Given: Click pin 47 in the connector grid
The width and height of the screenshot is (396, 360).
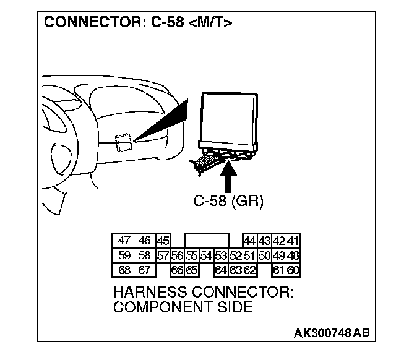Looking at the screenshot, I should click(124, 241).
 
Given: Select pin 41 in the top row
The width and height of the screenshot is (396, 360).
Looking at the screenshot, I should click(293, 241).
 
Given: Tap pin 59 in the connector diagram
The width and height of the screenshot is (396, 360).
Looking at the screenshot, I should click(124, 255).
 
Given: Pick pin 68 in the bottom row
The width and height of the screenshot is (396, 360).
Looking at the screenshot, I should click(124, 270).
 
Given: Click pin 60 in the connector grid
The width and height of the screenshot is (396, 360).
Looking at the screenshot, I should click(293, 270).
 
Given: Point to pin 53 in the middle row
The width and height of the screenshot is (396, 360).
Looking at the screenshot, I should click(220, 255).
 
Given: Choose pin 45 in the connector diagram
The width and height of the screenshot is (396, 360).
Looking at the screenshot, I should click(163, 241).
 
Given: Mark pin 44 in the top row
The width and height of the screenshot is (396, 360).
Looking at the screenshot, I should click(250, 241).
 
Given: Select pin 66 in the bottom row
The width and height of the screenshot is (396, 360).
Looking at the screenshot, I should click(177, 270).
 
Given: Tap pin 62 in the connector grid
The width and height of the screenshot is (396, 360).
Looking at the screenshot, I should click(250, 270).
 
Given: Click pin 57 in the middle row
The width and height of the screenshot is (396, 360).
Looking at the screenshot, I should click(163, 255).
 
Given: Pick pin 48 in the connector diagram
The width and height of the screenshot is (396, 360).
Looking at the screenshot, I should click(293, 255).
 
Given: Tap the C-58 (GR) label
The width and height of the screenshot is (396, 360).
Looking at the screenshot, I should click(228, 202).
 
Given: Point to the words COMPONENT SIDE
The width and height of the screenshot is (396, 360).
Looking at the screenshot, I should click(183, 307).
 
